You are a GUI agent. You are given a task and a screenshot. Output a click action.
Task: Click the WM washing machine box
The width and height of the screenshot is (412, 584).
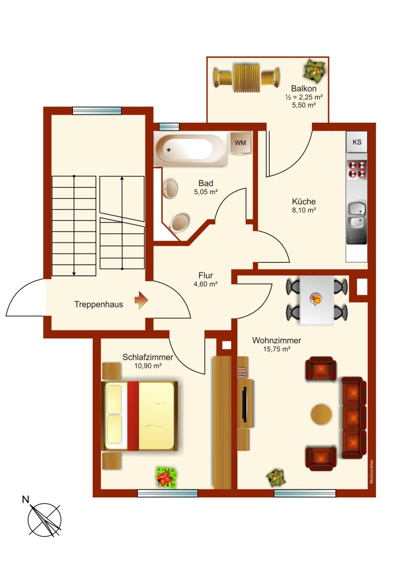pyautogui.click(x=240, y=143)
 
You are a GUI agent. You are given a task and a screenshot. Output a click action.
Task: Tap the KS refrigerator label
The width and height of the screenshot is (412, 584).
pyautogui.click(x=357, y=142)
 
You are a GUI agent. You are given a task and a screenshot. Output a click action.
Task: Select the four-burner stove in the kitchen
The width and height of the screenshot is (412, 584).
pyautogui.click(x=357, y=169)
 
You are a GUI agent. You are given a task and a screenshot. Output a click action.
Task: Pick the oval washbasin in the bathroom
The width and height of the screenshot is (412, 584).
pyautogui.click(x=171, y=188)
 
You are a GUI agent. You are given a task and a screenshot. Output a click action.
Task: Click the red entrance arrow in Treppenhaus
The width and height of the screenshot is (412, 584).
pyautogui.click(x=141, y=300)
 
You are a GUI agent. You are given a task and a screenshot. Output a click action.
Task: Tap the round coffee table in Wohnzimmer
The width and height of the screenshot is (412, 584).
pyautogui.click(x=321, y=414)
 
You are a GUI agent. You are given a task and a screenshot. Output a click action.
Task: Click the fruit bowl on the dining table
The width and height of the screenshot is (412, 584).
pyautogui.click(x=316, y=299)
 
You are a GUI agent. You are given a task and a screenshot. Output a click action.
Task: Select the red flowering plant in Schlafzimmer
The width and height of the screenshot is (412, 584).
pyautogui.click(x=166, y=477)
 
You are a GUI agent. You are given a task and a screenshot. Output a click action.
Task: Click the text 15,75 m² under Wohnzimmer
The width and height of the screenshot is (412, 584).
pyautogui.click(x=276, y=349)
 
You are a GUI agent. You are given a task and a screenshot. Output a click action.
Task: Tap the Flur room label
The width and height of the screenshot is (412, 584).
pyautogui.click(x=206, y=275)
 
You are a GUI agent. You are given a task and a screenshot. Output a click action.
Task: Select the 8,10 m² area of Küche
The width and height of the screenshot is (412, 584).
pyautogui.click(x=304, y=210)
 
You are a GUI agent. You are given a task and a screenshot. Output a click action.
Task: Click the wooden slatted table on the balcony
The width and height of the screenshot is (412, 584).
pyautogui.click(x=247, y=78)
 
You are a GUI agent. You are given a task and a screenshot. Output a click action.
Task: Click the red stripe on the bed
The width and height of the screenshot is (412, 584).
pyautogui.click(x=133, y=416)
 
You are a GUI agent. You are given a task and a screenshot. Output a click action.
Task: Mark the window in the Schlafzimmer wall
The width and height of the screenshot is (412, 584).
pyautogui.click(x=167, y=493)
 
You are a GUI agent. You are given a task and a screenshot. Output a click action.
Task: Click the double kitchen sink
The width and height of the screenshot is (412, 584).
pyautogui.click(x=357, y=215)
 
